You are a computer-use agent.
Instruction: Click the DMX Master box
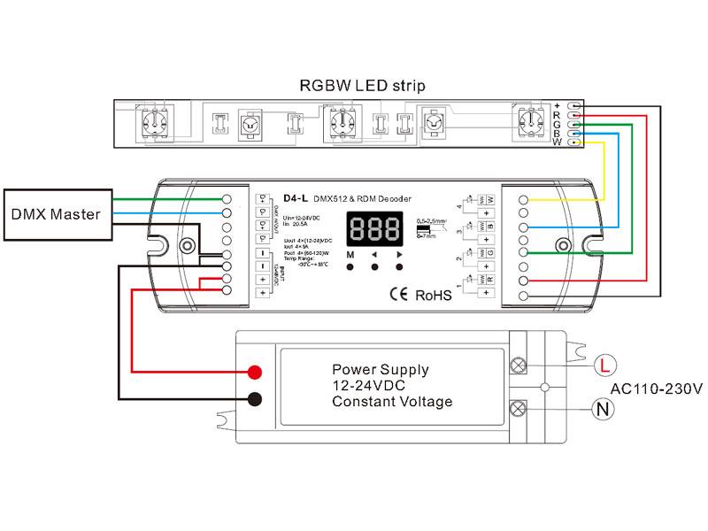[x=55, y=214]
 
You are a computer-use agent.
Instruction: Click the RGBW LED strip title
[x=363, y=86]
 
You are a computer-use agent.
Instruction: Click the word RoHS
[x=434, y=294]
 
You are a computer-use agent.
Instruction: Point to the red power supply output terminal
[x=255, y=372]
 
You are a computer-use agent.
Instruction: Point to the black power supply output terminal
[x=255, y=398]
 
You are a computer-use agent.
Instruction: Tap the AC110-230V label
[x=656, y=389]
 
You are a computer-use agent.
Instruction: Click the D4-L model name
[x=295, y=198]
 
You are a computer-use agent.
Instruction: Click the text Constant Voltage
[x=392, y=402]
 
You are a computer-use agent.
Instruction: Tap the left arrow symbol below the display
[x=374, y=255]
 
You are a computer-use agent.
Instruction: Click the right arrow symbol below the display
[x=399, y=255]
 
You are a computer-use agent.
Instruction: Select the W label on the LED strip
[x=557, y=142]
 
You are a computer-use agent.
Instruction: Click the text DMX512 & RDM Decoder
[x=364, y=198]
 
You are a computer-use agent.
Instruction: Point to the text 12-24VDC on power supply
[x=369, y=386]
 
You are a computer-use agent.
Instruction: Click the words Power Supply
[x=381, y=370]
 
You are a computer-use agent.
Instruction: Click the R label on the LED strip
[x=557, y=115]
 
